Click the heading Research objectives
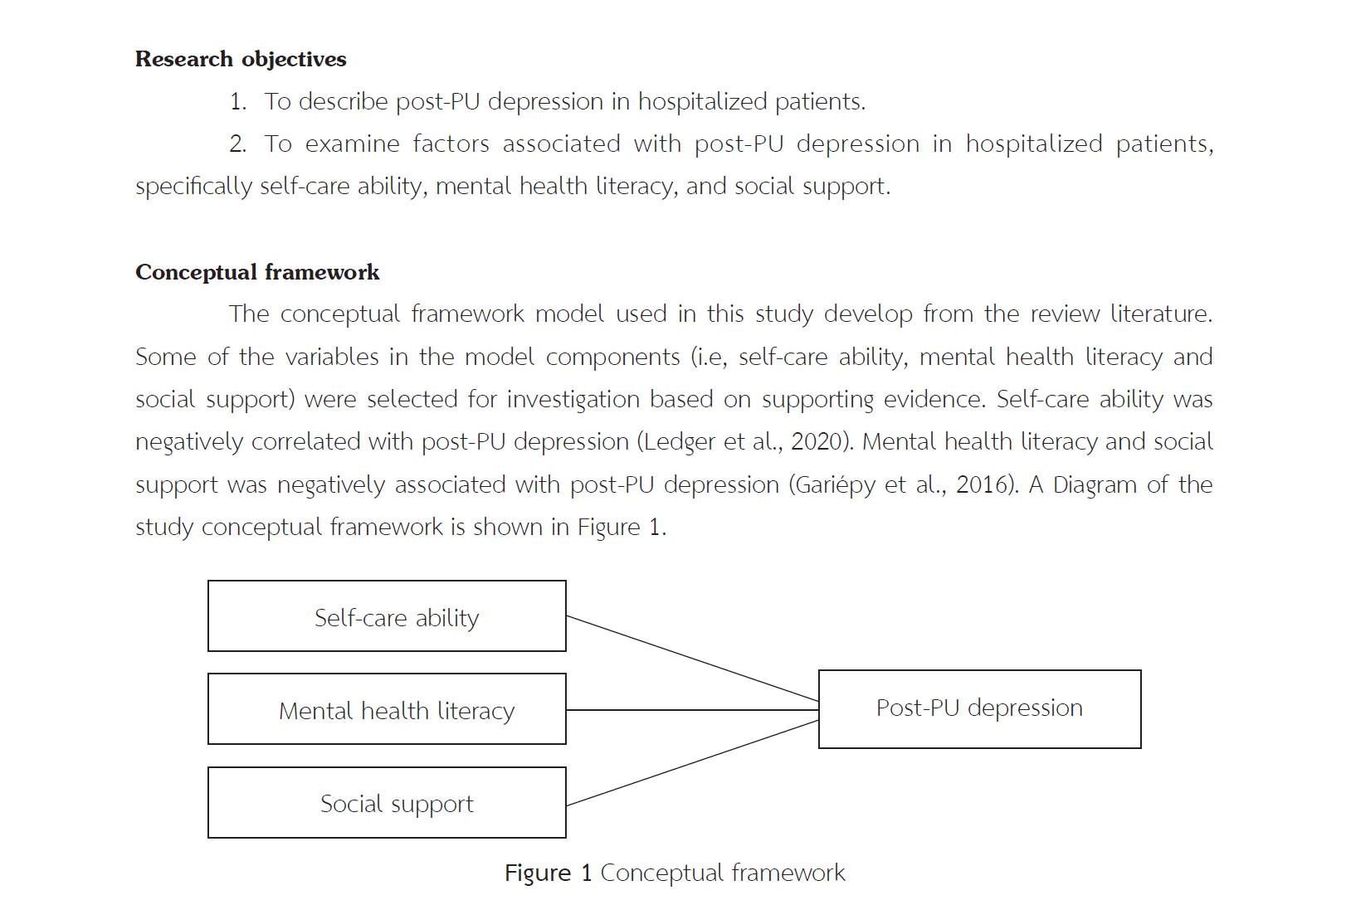click(x=241, y=59)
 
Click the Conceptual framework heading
click(x=257, y=272)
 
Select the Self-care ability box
click(x=387, y=616)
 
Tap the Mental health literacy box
click(x=387, y=709)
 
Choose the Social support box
click(x=387, y=803)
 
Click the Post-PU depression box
click(x=979, y=708)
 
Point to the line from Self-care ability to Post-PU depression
click(x=692, y=659)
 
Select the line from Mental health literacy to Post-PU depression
click(x=692, y=710)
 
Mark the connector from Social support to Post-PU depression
click(x=692, y=763)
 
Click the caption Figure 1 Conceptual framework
click(x=675, y=873)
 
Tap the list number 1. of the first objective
click(x=238, y=102)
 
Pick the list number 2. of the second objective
click(x=238, y=144)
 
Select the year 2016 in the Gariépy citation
click(x=982, y=484)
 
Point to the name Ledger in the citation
click(x=678, y=441)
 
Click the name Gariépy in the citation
click(x=835, y=484)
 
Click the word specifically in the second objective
click(x=193, y=187)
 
